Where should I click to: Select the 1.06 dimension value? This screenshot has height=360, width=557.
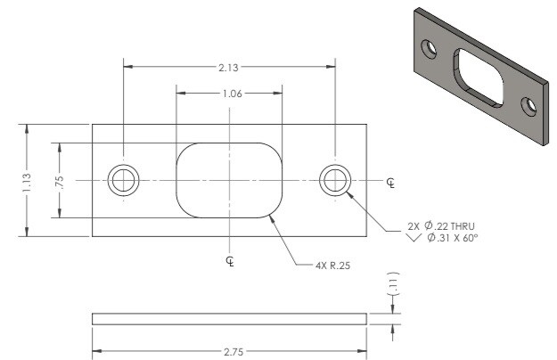click(x=230, y=93)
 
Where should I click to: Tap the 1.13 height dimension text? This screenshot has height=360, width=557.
click(x=28, y=181)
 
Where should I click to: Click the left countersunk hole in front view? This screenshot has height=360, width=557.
click(x=123, y=181)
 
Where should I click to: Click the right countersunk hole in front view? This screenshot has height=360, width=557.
click(x=336, y=181)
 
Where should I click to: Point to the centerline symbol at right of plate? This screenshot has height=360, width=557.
click(x=391, y=182)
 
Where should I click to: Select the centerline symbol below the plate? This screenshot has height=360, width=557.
click(x=230, y=260)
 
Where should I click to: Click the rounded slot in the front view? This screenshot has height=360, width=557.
click(x=230, y=180)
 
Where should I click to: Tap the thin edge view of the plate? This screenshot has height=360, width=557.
click(x=230, y=318)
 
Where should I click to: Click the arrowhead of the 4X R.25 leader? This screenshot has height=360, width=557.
click(x=269, y=215)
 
